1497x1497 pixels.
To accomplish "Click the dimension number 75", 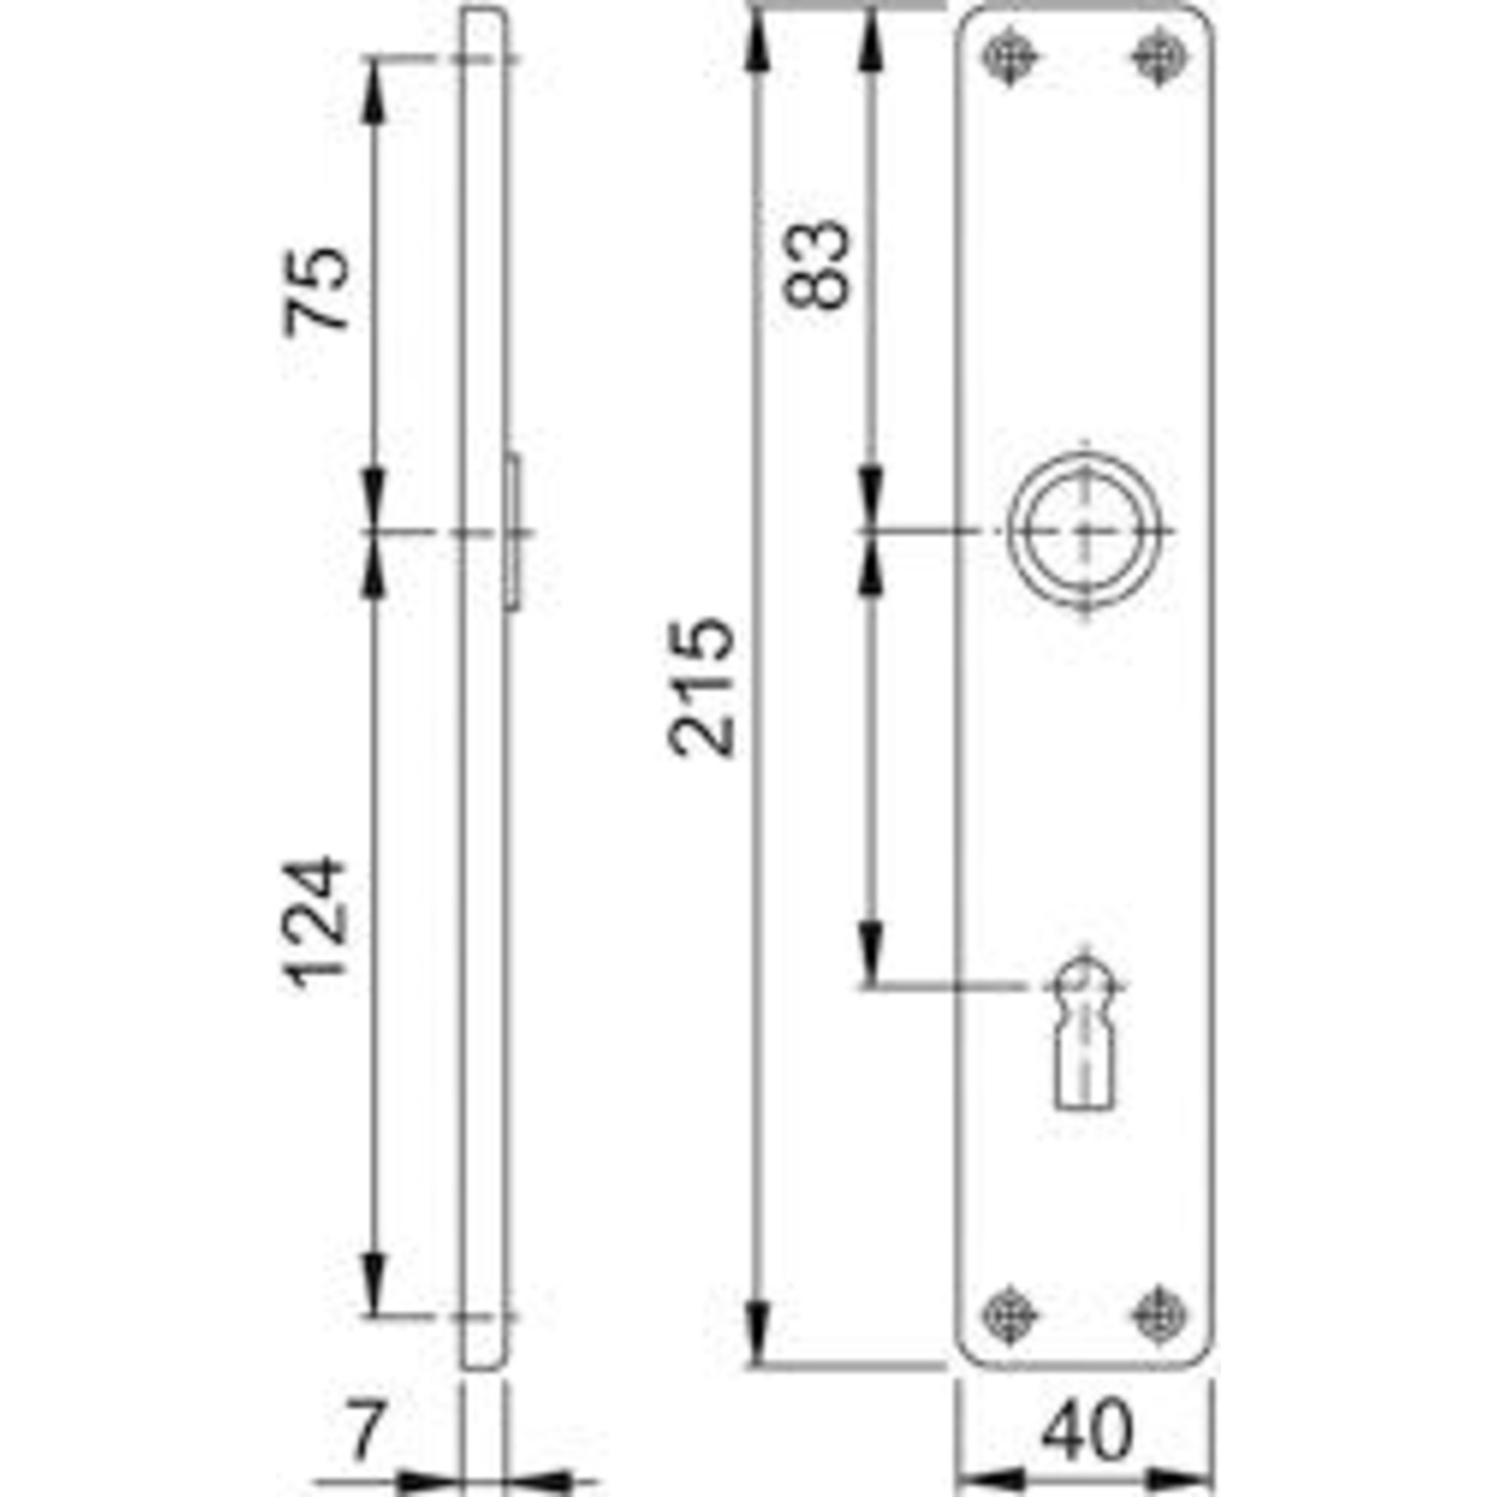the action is point(316,291).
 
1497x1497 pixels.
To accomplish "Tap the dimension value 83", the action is point(815,265).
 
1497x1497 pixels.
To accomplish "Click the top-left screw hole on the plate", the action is point(1010,57).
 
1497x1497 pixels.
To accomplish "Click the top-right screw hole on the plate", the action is point(1159,57).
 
